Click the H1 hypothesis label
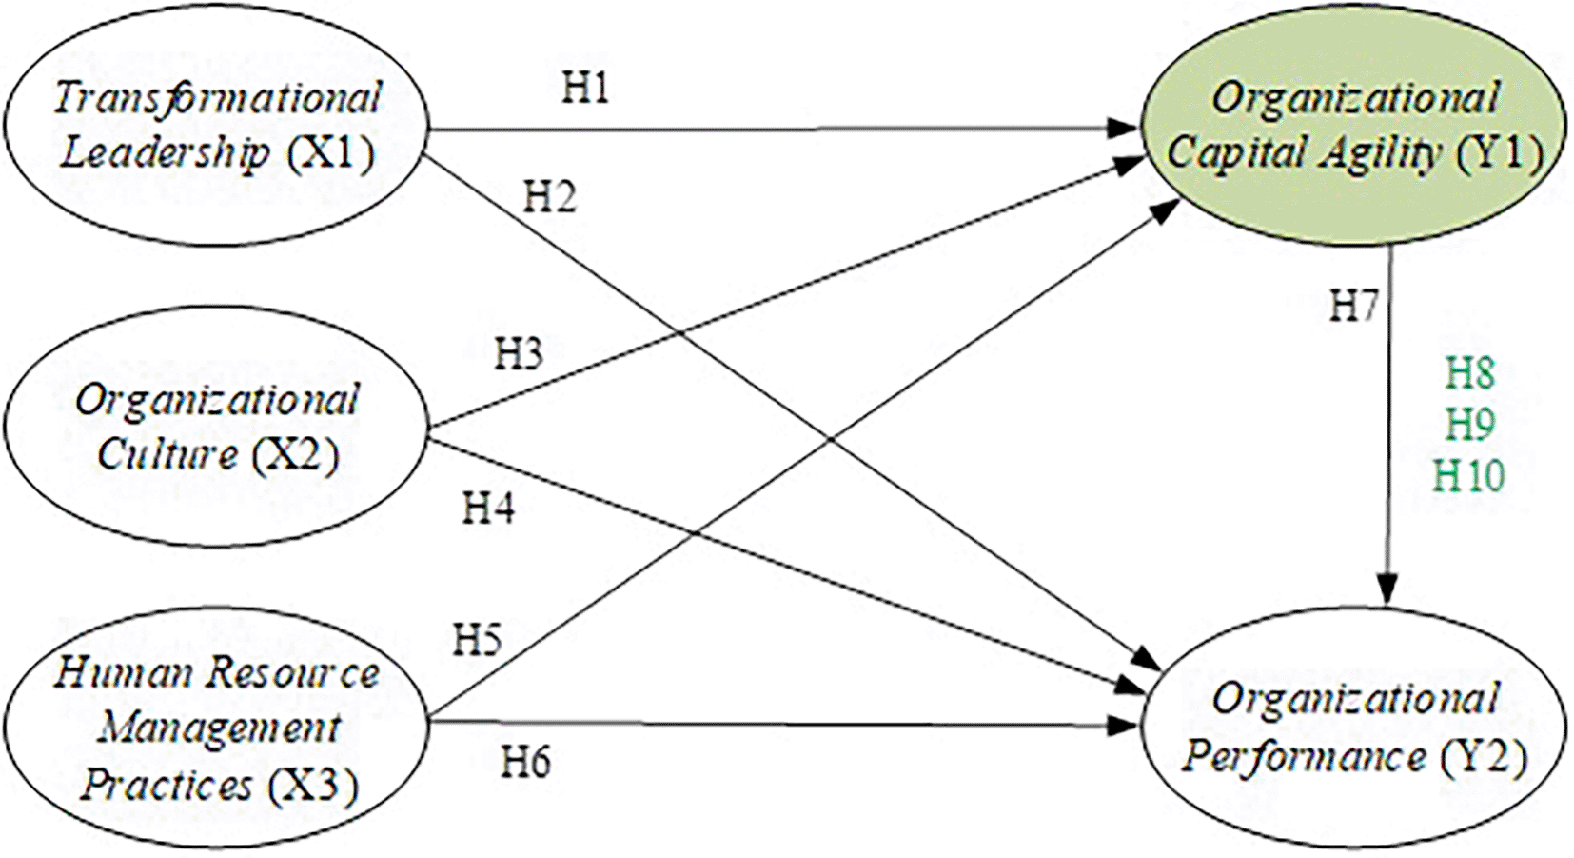point(585,89)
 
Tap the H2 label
point(550,197)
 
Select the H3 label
point(519,354)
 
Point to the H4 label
point(488,509)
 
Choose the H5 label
point(477,640)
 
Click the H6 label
point(526,762)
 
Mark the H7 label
point(1353,307)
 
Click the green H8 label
point(1470,373)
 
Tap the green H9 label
point(1470,424)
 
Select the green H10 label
point(1469,475)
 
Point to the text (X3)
point(313,787)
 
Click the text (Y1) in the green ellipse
point(1501,152)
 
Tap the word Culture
point(167,455)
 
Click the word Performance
point(1304,757)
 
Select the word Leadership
point(165,152)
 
